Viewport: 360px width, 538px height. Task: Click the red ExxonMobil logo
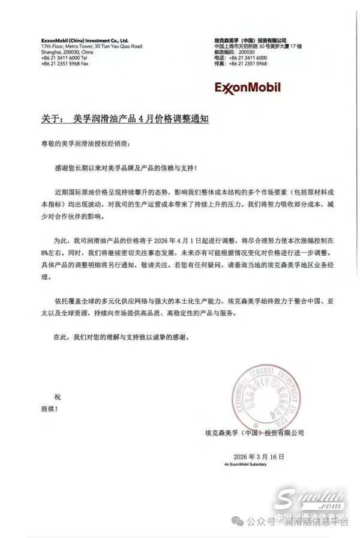pos(247,88)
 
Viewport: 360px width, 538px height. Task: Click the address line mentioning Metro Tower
pos(91,46)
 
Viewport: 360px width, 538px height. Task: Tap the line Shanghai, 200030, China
pos(68,52)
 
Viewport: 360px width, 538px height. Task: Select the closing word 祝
pos(41,397)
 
